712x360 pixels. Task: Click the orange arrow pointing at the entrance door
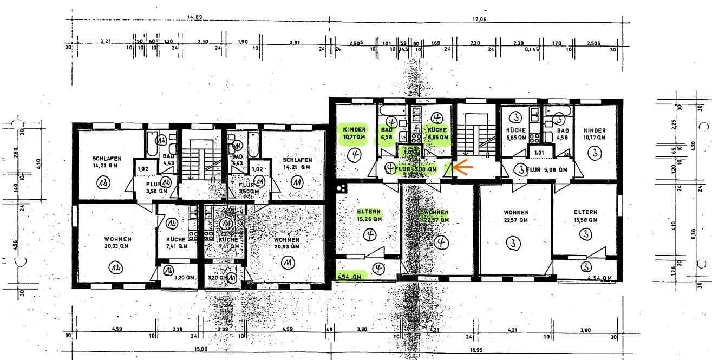tap(463, 168)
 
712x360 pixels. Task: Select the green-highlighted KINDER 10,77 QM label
tap(355, 134)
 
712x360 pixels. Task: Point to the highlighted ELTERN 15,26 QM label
tap(369, 215)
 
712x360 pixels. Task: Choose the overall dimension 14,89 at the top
tap(194, 17)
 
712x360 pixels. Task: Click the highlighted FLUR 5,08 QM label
tap(415, 169)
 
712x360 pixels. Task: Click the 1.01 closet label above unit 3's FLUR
tap(539, 153)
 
